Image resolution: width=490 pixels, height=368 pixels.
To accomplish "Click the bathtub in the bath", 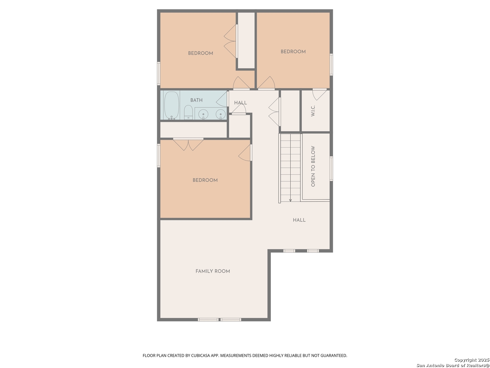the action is point(171,105).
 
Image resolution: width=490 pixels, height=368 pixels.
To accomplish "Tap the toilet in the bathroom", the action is point(188,112).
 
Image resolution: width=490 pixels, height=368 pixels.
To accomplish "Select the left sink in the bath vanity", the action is point(203,114).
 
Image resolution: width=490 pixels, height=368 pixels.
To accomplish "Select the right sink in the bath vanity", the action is point(220,114).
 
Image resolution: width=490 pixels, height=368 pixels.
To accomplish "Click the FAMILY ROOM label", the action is point(213,271).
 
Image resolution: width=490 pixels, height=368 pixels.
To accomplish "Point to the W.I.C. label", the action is point(313,111).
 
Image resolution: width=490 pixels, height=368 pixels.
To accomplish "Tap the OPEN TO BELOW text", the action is point(313,166).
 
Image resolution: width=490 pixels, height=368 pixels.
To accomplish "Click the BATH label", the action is point(196,100).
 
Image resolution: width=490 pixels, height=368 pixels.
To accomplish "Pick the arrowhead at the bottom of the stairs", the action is point(290,200).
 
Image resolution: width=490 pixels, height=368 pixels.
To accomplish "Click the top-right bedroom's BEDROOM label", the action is point(293,51).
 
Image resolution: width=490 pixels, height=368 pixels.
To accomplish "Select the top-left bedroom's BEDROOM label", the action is point(200,53).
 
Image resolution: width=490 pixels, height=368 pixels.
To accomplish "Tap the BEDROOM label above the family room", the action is point(205,180).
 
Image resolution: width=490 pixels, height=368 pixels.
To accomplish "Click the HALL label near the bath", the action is point(241,103).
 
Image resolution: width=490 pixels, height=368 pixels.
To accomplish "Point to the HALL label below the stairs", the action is point(299,220).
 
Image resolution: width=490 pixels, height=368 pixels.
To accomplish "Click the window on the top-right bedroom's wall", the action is point(331,65).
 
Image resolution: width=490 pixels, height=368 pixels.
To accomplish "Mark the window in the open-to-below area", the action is point(331,169).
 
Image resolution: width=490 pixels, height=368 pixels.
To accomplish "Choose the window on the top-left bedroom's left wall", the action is point(159,74).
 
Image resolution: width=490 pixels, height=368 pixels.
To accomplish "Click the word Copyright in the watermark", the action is point(465,360).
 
